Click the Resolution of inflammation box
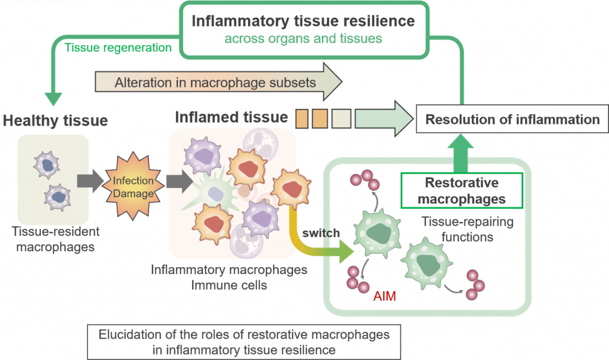512,120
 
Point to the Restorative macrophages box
462,190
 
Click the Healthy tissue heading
55,121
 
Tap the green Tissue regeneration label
118,47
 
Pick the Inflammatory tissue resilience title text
303,21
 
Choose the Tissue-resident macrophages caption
55,239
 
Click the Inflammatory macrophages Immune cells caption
230,277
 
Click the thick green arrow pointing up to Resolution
462,153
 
